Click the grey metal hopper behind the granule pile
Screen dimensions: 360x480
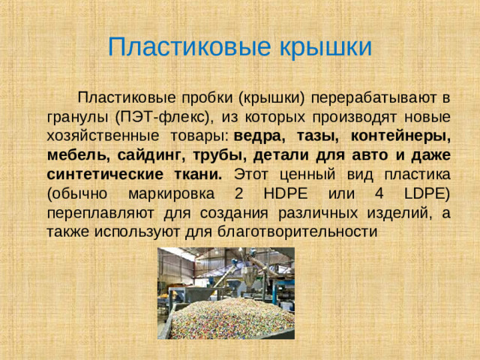pyautogui.click(x=240, y=281)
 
